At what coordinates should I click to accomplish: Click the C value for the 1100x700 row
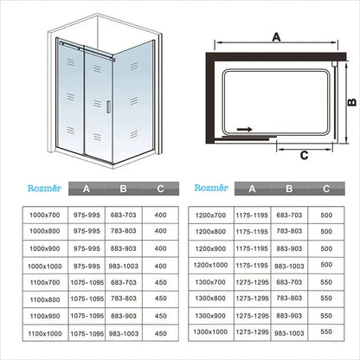(x=160, y=281)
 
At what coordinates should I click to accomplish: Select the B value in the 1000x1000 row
(x=124, y=265)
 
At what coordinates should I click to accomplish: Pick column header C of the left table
(x=160, y=187)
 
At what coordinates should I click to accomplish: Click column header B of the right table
(x=290, y=187)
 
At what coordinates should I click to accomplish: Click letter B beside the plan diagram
(x=351, y=100)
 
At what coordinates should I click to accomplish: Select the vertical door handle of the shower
(x=109, y=119)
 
